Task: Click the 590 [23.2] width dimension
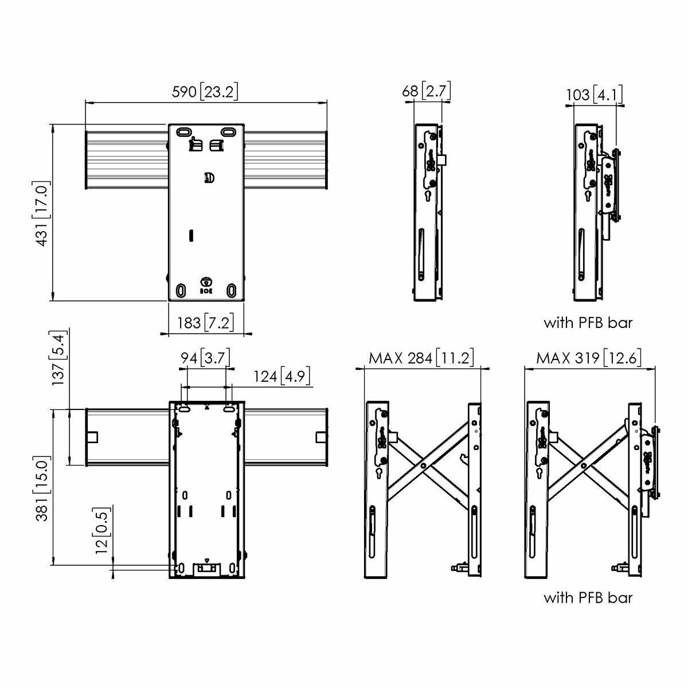tap(205, 91)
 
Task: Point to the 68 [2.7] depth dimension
tap(427, 91)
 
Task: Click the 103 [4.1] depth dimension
tap(594, 94)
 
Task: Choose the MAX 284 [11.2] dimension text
tap(421, 358)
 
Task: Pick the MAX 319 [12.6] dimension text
tap(589, 358)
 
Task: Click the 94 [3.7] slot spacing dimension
tap(205, 358)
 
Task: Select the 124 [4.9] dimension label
tap(282, 377)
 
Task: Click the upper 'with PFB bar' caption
tap(588, 323)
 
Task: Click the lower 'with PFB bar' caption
tap(588, 598)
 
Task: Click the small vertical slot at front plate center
tap(192, 235)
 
